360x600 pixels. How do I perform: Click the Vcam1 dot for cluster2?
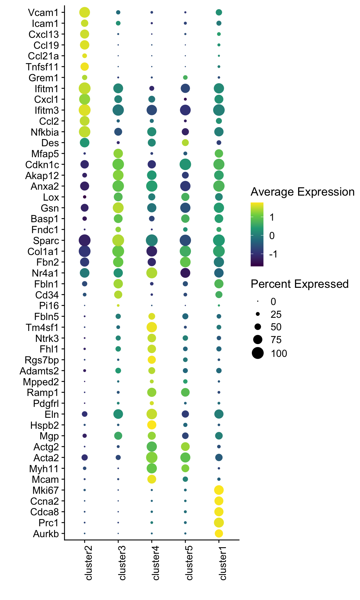[x=84, y=12]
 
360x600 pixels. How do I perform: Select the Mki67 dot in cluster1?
[x=219, y=490]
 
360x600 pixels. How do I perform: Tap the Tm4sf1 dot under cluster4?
[x=152, y=327]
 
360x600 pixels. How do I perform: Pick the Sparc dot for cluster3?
[x=118, y=241]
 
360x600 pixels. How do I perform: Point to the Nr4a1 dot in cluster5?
[x=185, y=273]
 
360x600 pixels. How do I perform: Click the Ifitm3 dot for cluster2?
[x=84, y=110]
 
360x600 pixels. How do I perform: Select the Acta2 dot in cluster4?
[x=152, y=457]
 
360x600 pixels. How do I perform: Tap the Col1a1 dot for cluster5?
[x=185, y=251]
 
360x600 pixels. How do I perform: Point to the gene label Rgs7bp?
[x=42, y=360]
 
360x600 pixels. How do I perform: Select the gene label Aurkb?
[x=46, y=533]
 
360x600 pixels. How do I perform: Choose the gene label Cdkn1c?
[x=42, y=164]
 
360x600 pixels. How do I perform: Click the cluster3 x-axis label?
[x=122, y=562]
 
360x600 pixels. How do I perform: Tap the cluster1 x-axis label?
[x=223, y=562]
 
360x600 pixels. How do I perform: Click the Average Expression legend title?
[x=302, y=192]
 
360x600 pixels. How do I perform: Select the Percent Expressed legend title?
[x=299, y=284]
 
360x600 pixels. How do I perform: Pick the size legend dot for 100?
[x=258, y=353]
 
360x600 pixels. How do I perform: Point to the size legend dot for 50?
[x=258, y=327]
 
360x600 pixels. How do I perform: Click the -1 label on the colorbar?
[x=273, y=254]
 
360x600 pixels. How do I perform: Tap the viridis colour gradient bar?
[x=257, y=234]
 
